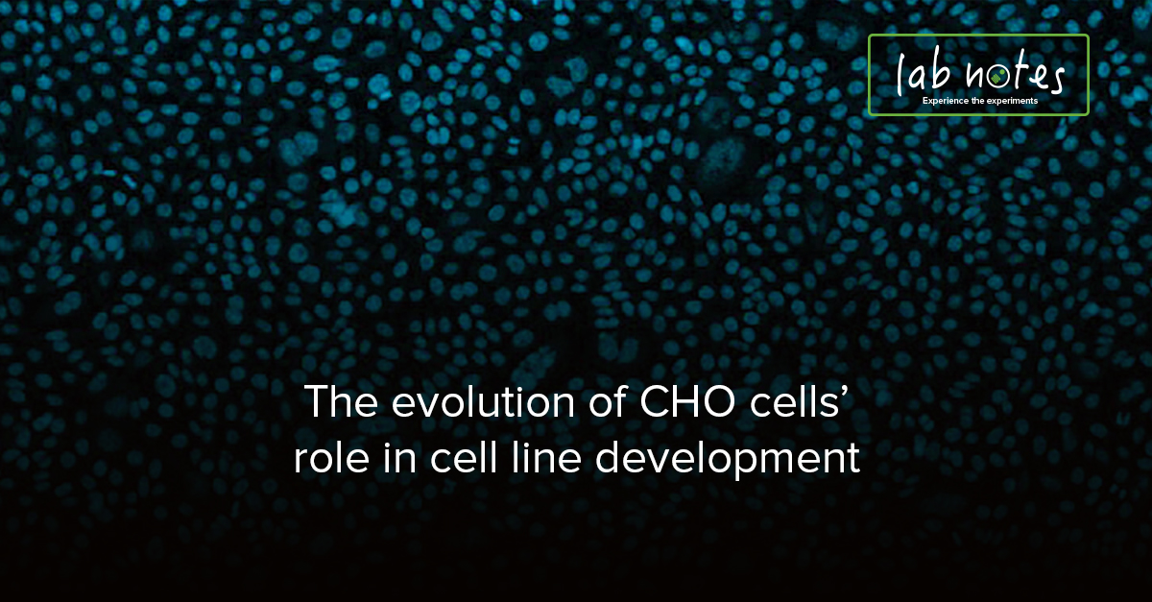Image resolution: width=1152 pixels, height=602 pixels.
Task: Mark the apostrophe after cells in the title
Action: point(845,393)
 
